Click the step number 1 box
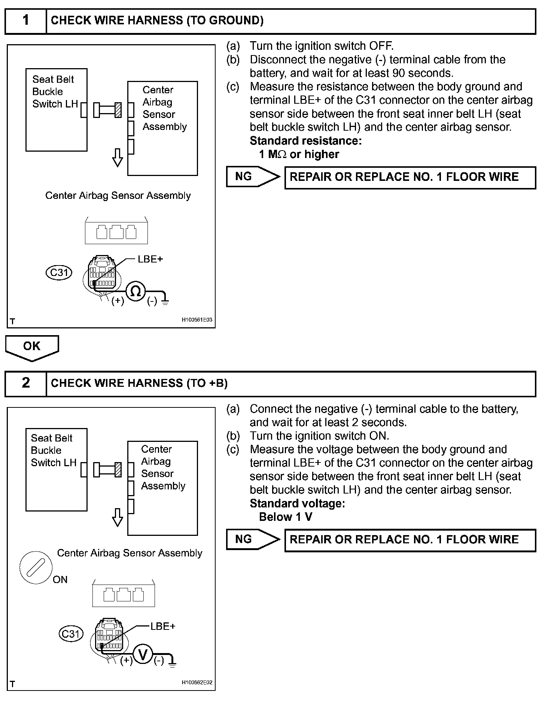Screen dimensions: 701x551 [25, 21]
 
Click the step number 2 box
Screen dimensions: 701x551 [25, 383]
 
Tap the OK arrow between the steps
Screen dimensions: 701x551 [32, 347]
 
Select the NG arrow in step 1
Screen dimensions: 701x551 [253, 177]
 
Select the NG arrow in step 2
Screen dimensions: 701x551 [253, 539]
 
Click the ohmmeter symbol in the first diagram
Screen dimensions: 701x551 [136, 291]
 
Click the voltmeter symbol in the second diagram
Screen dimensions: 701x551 [143, 655]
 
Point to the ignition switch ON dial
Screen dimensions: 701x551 [36, 567]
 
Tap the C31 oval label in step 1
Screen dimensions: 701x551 [59, 272]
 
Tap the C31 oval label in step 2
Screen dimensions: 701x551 [71, 634]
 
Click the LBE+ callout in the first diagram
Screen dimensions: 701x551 [150, 259]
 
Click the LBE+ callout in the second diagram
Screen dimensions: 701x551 [163, 626]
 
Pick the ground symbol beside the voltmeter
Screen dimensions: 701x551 [172, 665]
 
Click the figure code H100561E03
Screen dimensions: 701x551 [197, 320]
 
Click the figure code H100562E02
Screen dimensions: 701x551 [197, 682]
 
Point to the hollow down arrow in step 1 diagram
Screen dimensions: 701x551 [118, 158]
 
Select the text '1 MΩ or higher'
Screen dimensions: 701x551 [299, 154]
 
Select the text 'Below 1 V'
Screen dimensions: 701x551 [285, 517]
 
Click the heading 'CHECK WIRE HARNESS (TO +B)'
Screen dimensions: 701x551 [139, 383]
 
